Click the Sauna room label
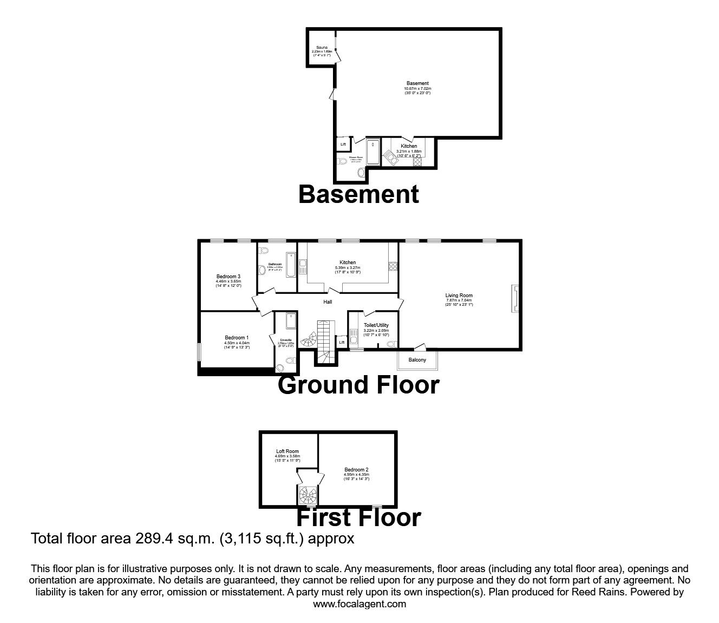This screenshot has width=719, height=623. click(x=322, y=48)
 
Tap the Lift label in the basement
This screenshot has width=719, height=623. click(x=343, y=145)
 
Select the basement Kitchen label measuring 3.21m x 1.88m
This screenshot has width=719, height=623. click(x=409, y=146)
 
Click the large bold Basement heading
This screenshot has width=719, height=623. click(x=358, y=194)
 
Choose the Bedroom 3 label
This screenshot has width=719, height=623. click(x=228, y=277)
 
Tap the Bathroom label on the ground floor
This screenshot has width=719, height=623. click(x=274, y=265)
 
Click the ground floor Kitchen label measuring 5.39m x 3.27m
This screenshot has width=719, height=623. click(x=348, y=263)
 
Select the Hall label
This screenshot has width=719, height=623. click(x=328, y=302)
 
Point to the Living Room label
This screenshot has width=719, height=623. click(x=459, y=296)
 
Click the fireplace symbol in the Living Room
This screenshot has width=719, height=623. click(x=515, y=299)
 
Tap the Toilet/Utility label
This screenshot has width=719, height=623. click(x=376, y=325)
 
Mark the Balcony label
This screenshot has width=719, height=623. click(x=417, y=360)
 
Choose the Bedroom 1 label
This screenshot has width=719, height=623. click(x=237, y=338)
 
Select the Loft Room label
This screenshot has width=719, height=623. click(x=287, y=451)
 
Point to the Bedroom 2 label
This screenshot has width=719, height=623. click(x=356, y=470)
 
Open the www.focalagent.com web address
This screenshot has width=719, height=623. click(x=359, y=604)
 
